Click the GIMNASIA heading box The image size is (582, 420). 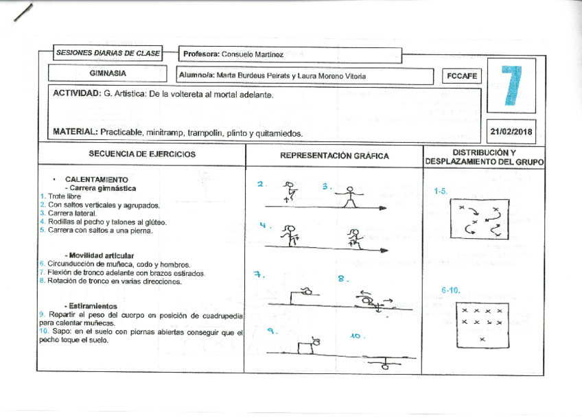pos(108,73)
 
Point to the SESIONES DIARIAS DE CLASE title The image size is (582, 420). pos(108,53)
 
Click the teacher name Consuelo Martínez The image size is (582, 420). pos(253,54)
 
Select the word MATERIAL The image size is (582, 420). pos(74,132)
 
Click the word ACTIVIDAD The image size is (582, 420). pos(75,94)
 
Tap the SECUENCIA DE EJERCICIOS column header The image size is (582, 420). pos(142,154)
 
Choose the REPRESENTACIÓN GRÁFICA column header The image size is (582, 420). pos(334,156)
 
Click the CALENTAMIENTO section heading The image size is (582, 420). pos(96,179)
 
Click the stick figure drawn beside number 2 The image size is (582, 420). pos(290,190)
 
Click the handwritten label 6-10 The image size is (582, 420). pos(450,291)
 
